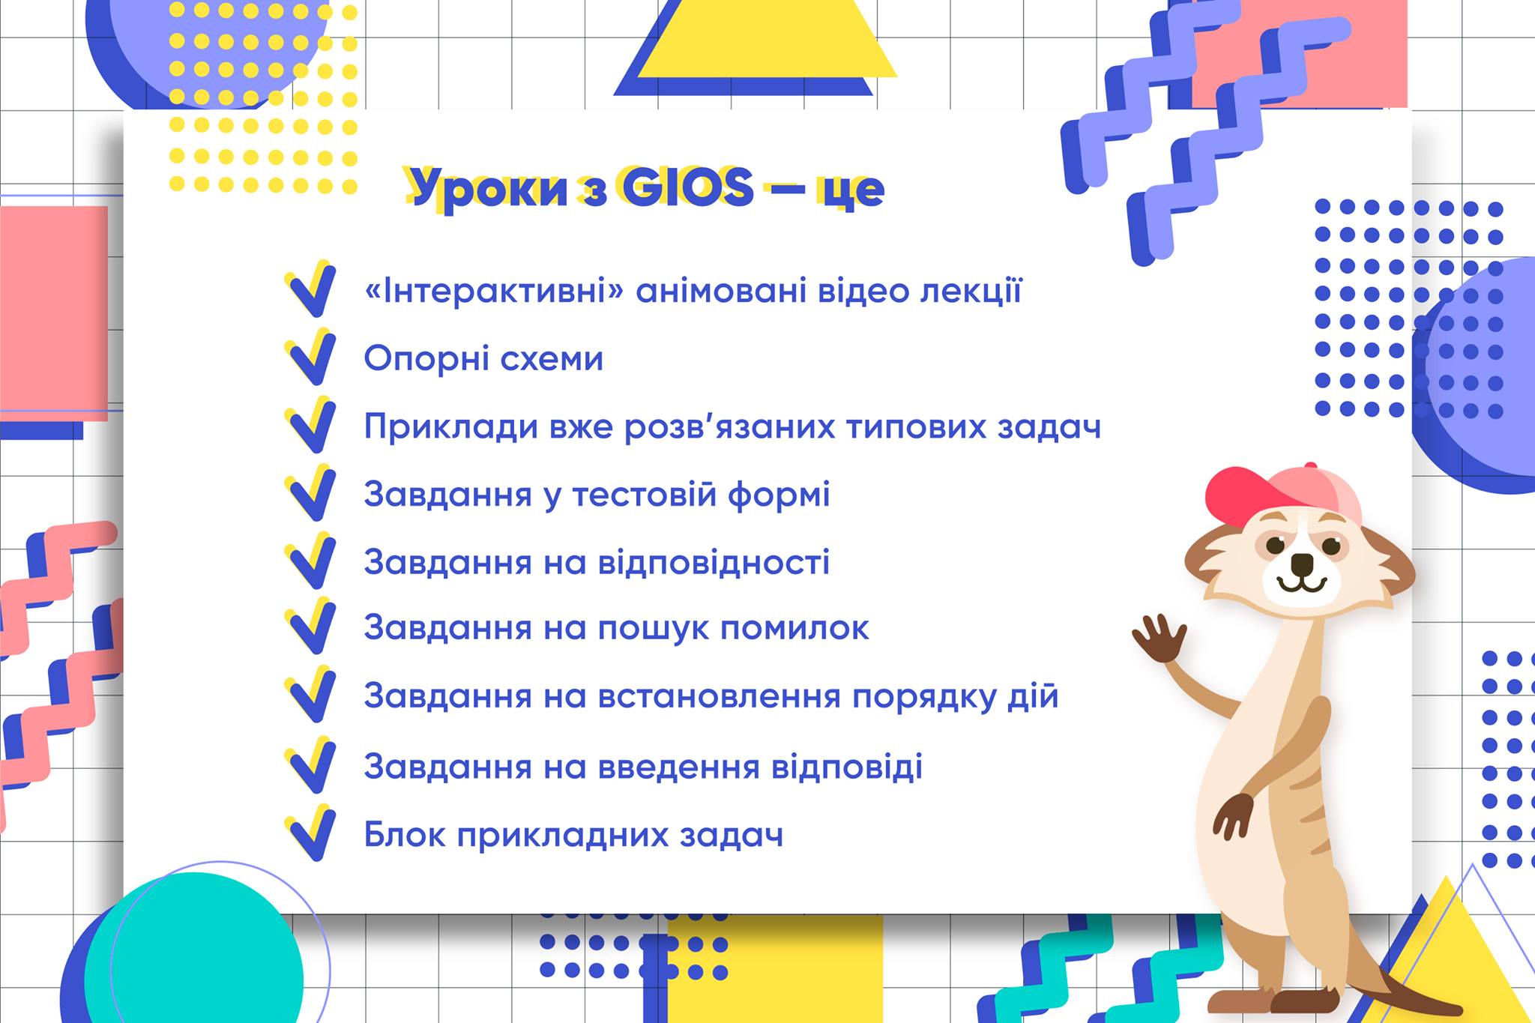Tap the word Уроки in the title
pos(490,189)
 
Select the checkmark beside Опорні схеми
pos(310,357)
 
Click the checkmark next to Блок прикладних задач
pos(310,833)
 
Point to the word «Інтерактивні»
pos(494,291)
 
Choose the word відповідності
pos(714,563)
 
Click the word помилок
pos(794,628)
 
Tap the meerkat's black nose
pos(1303,562)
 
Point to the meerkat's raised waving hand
pos(1159,638)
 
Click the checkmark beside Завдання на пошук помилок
pos(310,627)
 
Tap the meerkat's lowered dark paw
pos(1234,814)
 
